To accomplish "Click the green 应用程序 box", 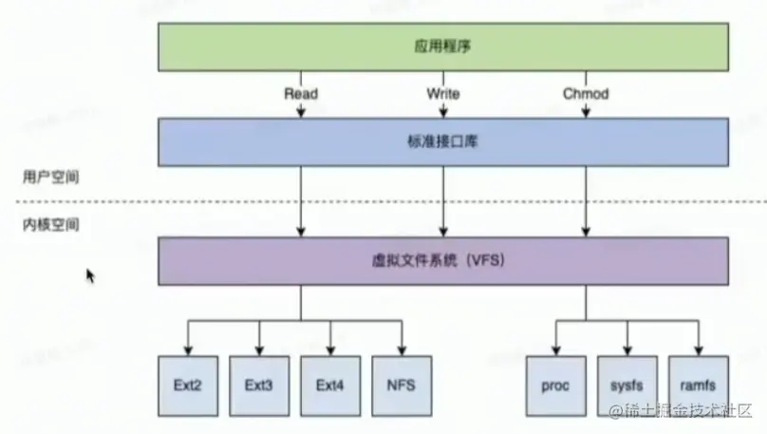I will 444,46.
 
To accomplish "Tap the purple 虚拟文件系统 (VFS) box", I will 444,260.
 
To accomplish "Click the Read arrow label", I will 301,94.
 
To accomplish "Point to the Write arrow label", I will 443,94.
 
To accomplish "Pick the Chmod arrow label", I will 586,94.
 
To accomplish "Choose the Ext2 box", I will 188,387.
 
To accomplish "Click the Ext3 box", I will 259,387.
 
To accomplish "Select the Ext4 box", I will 330,387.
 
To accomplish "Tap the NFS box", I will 402,387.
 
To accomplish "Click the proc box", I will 554,387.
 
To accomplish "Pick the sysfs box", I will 627,387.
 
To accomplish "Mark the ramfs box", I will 699,387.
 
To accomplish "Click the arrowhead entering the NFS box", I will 402,350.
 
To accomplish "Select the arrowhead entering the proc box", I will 554,350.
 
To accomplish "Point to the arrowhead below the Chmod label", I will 586,112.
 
